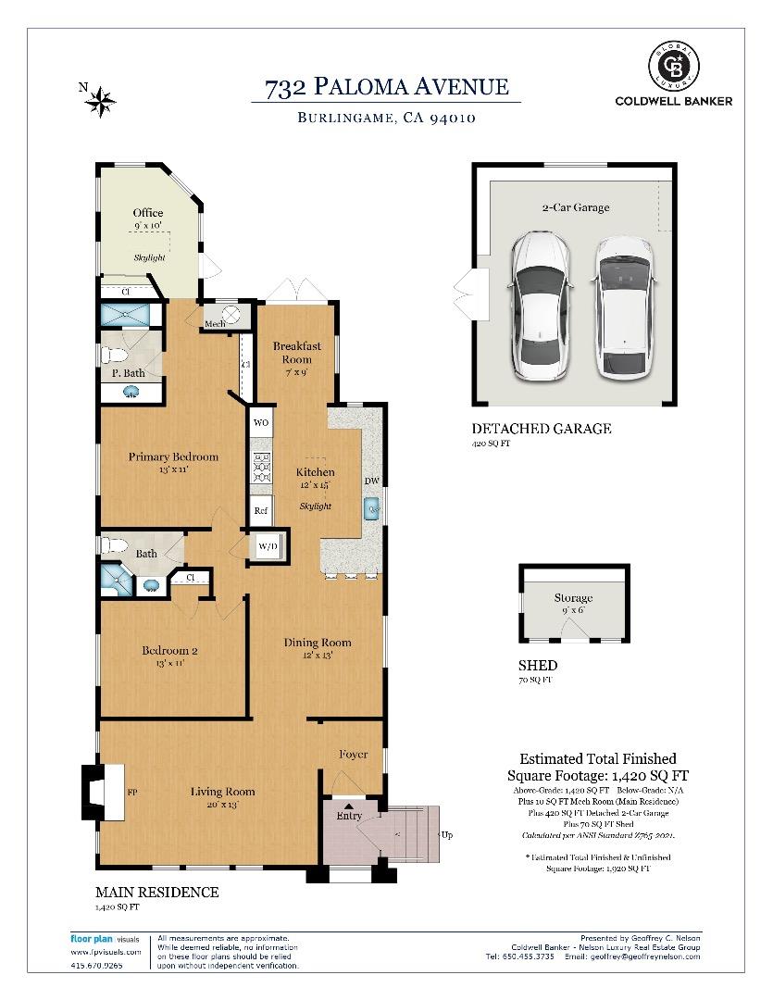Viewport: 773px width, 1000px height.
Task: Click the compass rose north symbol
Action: pos(99,100)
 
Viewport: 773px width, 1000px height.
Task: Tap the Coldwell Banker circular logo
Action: pos(673,66)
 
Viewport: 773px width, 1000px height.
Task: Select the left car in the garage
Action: pos(539,305)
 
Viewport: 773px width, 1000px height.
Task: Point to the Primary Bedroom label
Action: pos(173,456)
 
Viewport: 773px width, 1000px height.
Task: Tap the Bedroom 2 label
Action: pos(169,650)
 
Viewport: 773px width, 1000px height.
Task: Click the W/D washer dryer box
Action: pos(268,546)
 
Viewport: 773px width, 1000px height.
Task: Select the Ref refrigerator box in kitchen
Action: pos(261,510)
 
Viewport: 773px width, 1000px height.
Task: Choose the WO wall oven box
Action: pos(261,422)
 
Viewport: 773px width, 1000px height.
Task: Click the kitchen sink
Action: pos(373,508)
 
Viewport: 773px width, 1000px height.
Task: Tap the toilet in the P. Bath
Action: pos(114,355)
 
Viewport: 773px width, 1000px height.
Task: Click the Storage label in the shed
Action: pos(573,598)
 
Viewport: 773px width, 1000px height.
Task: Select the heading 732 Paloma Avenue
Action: pos(386,87)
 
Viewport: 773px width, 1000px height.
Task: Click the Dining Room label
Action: pos(318,643)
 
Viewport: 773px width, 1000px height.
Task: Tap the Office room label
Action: pos(148,213)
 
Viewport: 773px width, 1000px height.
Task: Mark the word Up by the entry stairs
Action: pos(446,834)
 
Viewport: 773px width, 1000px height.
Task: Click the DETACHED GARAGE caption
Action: pos(542,429)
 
